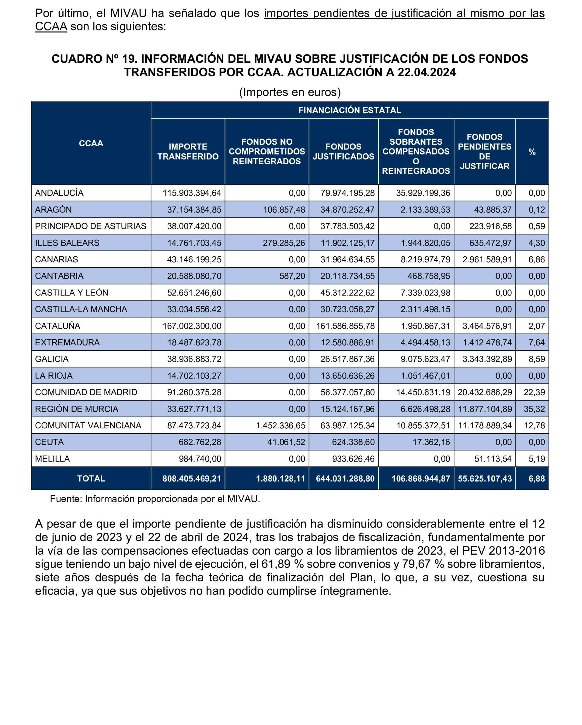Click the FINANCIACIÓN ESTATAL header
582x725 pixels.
(x=350, y=110)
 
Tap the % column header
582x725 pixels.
(x=532, y=152)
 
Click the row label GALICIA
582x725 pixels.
(x=52, y=359)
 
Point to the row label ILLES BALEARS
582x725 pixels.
(x=67, y=243)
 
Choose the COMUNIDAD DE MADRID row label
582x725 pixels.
(x=86, y=392)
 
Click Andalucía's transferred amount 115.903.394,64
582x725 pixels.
(x=192, y=193)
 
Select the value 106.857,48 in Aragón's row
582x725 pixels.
(x=284, y=210)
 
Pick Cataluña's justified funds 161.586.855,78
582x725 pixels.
(x=345, y=326)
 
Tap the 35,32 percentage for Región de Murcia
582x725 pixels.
(x=534, y=409)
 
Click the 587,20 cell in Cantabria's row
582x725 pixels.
(x=292, y=276)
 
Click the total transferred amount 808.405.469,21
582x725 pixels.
(x=192, y=478)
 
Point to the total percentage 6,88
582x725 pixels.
(x=537, y=478)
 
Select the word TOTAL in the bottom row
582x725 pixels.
(x=91, y=478)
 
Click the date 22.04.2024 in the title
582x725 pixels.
(x=427, y=72)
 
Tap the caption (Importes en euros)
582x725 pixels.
(x=290, y=92)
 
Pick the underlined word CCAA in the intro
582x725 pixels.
(x=51, y=27)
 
